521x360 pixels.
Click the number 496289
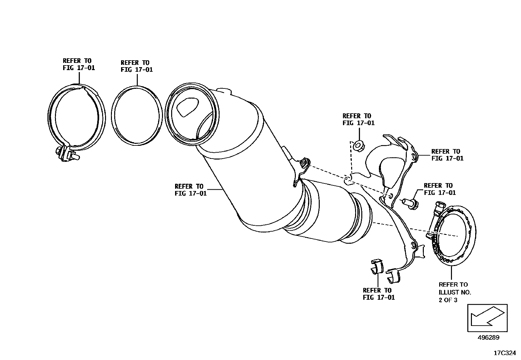coord(488,337)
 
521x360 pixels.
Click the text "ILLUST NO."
coord(455,292)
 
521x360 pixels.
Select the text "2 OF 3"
coord(448,300)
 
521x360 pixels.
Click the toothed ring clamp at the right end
coord(455,231)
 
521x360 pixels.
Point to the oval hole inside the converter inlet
coord(187,107)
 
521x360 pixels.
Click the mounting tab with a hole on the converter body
coord(304,164)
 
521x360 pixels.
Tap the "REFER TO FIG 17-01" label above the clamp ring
coord(79,64)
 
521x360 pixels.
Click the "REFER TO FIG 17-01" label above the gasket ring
coord(136,66)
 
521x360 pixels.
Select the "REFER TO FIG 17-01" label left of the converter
coord(190,190)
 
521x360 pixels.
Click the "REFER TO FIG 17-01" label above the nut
coord(358,119)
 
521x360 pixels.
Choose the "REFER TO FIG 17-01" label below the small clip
coord(379,294)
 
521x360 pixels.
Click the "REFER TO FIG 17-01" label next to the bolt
coord(440,189)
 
